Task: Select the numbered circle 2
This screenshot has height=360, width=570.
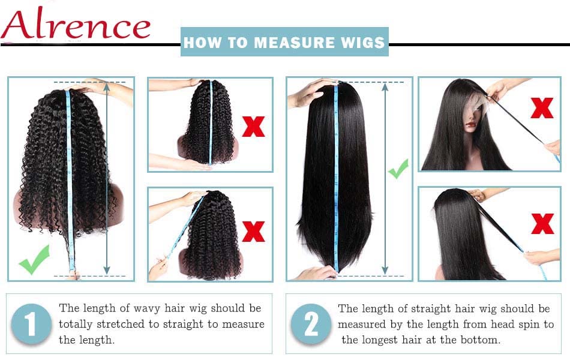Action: tap(311, 325)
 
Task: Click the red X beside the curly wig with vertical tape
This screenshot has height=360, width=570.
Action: tap(253, 125)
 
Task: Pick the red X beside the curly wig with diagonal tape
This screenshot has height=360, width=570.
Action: tap(253, 231)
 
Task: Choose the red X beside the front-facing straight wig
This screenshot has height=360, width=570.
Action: tap(542, 108)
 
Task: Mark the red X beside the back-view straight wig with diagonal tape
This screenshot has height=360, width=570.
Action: tap(542, 223)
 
